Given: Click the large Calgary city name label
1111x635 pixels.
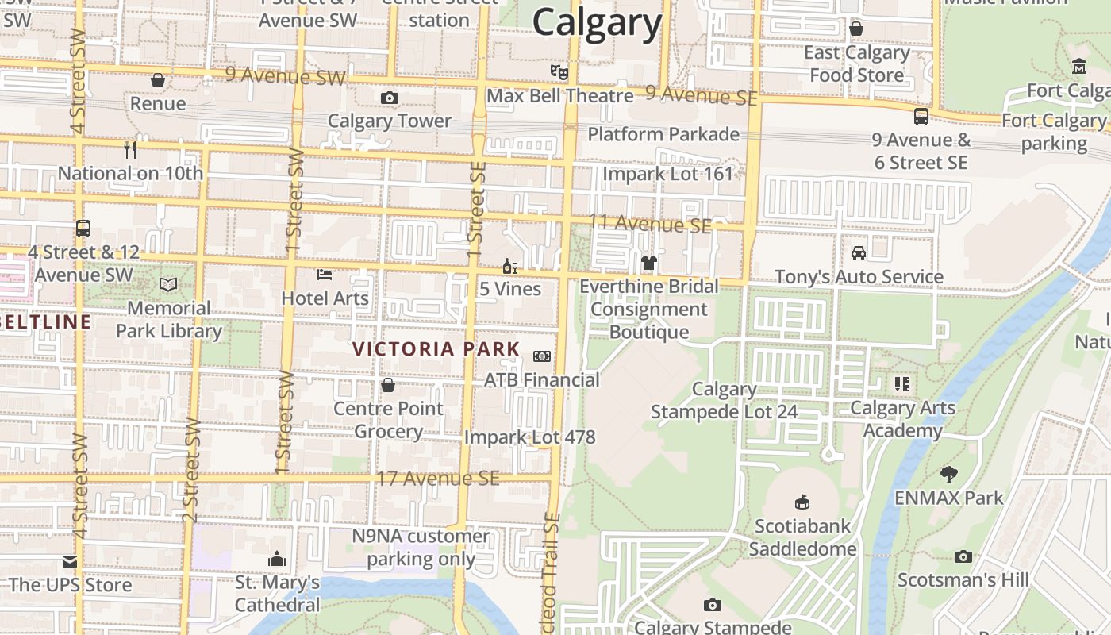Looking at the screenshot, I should [x=597, y=22].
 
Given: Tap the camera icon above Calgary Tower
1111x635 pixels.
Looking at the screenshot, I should [x=389, y=98].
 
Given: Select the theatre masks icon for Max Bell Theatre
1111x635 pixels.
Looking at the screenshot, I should [x=559, y=72].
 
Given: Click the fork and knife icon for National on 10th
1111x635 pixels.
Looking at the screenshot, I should [x=130, y=149].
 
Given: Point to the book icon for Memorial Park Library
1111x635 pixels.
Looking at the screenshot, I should [x=168, y=284].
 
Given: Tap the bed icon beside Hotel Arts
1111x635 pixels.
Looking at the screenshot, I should [x=325, y=275].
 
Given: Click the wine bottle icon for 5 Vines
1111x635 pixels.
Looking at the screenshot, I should [x=509, y=266].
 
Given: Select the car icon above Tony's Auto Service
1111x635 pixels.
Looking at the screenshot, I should [x=859, y=253].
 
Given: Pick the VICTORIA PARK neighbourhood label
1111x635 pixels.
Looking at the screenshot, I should [x=436, y=349].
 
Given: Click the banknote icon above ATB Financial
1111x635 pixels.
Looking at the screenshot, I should [x=542, y=356].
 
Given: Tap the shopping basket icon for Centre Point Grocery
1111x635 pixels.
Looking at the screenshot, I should [x=388, y=385].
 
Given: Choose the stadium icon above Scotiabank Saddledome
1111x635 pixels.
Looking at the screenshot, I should [x=802, y=502].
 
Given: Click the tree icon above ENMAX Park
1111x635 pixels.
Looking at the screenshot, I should [x=948, y=475].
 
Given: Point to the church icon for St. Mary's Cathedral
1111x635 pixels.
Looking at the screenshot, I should [x=277, y=559].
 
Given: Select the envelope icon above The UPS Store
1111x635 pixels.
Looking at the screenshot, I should [x=70, y=562].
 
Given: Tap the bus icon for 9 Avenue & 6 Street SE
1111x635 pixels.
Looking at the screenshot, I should [x=921, y=117].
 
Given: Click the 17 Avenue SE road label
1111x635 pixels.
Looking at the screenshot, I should [x=438, y=479].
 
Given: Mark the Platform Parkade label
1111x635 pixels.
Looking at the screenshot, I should [x=663, y=134].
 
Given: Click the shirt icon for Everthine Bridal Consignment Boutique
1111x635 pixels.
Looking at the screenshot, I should [x=649, y=262].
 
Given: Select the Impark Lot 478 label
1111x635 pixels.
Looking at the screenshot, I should [x=529, y=437].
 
